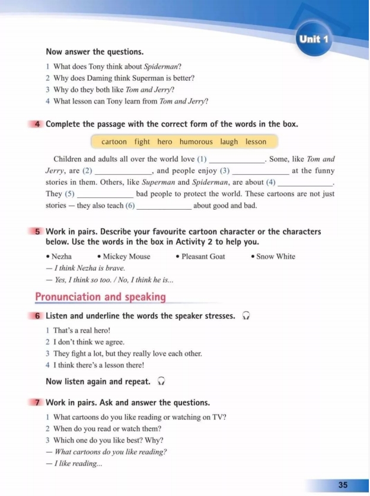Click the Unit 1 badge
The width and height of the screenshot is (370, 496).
pyautogui.click(x=314, y=40)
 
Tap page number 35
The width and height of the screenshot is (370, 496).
pyautogui.click(x=343, y=485)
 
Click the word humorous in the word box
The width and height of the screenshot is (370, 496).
pyautogui.click(x=196, y=142)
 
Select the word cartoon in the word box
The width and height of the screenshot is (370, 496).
pyautogui.click(x=114, y=142)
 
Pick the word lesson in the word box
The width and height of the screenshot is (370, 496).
pyautogui.click(x=256, y=142)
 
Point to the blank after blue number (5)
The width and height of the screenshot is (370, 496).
pyautogui.click(x=106, y=194)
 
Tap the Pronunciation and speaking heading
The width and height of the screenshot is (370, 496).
pyautogui.click(x=100, y=297)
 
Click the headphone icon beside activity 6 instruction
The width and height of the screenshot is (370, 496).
pyautogui.click(x=245, y=316)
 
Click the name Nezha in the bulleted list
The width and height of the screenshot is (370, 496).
pyautogui.click(x=61, y=257)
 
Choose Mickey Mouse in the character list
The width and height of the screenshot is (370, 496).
pyautogui.click(x=126, y=257)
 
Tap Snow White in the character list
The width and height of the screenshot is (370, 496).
pyautogui.click(x=275, y=257)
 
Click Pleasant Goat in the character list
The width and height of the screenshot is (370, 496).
pyautogui.click(x=203, y=257)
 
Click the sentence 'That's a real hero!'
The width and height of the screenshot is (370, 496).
pyautogui.click(x=82, y=330)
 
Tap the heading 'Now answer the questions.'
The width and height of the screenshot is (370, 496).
pyautogui.click(x=94, y=52)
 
